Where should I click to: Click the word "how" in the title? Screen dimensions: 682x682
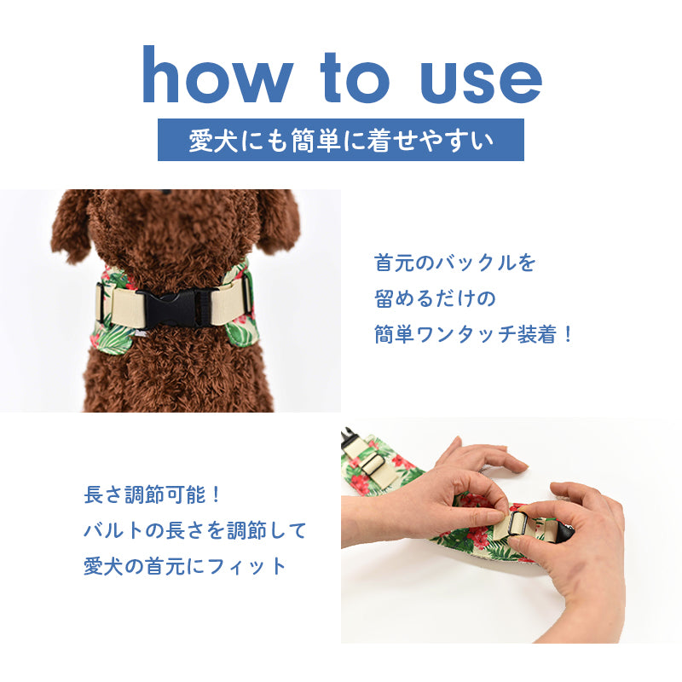pyautogui.click(x=217, y=74)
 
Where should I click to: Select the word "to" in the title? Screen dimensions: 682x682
pyautogui.click(x=355, y=78)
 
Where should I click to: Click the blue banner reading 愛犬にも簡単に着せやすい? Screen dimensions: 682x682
pyautogui.click(x=340, y=140)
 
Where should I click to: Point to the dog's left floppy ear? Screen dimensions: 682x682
pyautogui.click(x=70, y=225)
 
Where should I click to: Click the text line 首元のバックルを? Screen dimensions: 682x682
pyautogui.click(x=454, y=263)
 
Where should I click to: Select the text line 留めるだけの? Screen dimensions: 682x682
pyautogui.click(x=435, y=298)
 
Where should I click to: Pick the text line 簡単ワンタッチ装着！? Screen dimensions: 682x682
pyautogui.click(x=473, y=334)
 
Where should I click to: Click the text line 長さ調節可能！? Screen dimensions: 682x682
pyautogui.click(x=153, y=494)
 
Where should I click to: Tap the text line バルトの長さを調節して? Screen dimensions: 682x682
pyautogui.click(x=195, y=530)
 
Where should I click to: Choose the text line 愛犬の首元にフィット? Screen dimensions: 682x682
pyautogui.click(x=185, y=566)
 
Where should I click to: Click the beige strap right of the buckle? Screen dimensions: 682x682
pyautogui.click(x=228, y=301)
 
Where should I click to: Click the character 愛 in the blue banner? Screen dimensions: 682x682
pyautogui.click(x=200, y=140)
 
